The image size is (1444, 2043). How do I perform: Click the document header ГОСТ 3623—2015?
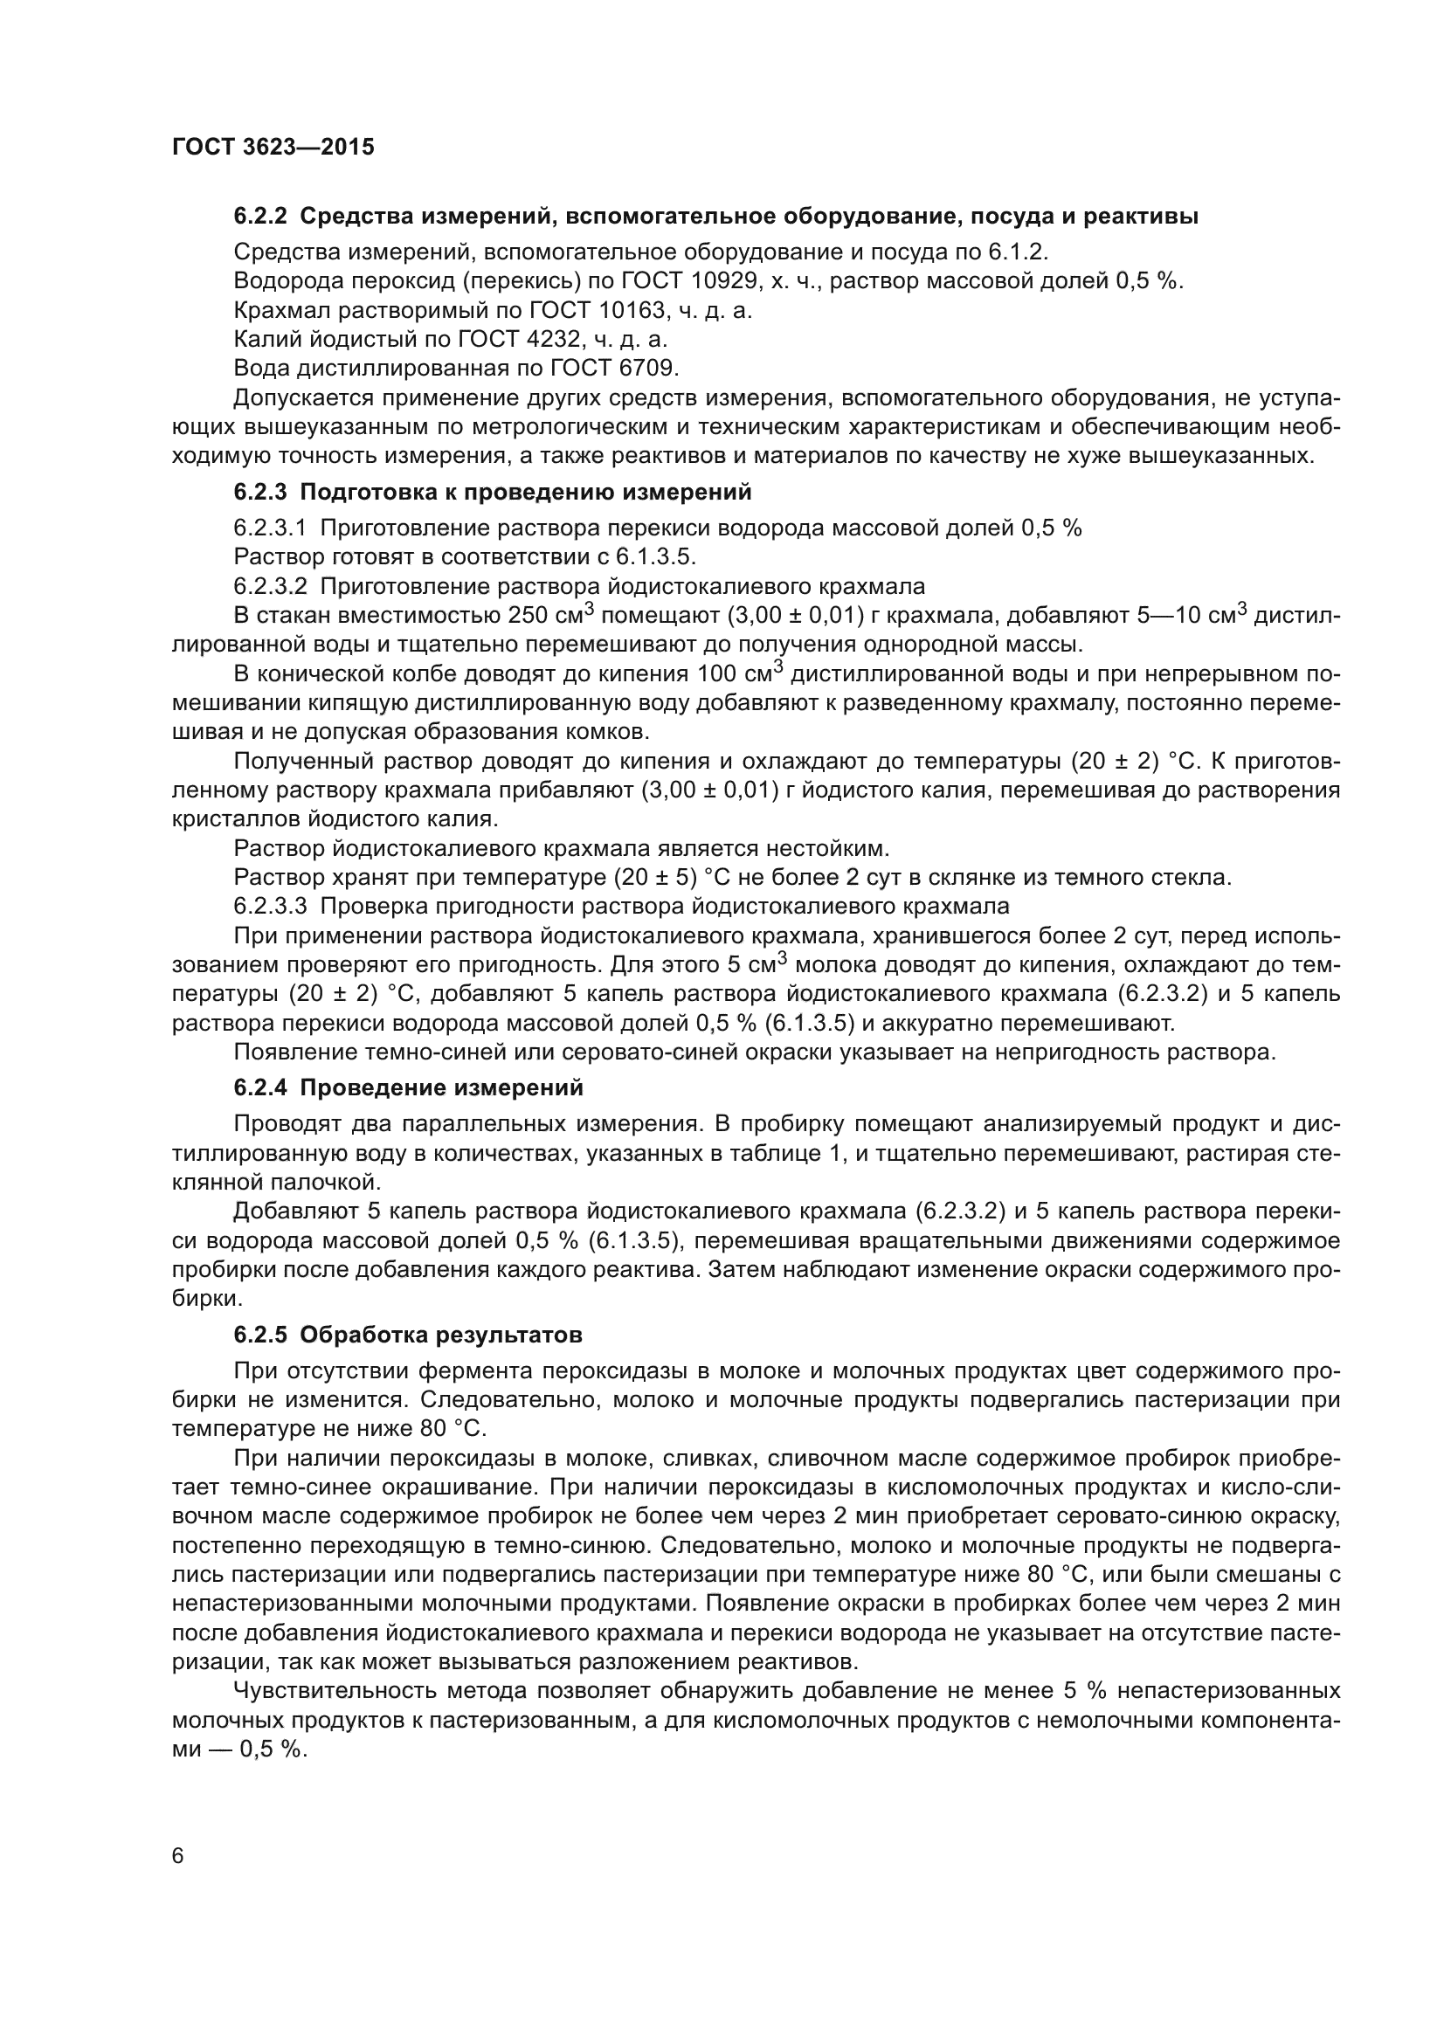pos(273,148)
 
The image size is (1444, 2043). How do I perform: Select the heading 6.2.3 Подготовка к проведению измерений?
pos(493,492)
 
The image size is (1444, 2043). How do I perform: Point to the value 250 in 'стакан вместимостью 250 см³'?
pos(527,616)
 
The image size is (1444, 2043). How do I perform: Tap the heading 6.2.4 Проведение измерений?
pos(408,1087)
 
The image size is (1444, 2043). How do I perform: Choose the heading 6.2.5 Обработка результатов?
pos(408,1336)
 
